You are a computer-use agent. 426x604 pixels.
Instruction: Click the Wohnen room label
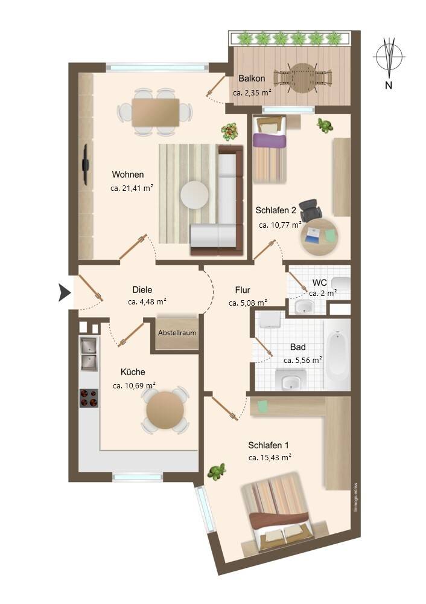[128, 175]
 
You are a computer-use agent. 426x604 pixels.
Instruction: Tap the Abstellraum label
[177, 332]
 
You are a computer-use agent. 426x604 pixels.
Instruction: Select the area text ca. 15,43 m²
[270, 458]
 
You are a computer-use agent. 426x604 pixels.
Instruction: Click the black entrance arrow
[65, 292]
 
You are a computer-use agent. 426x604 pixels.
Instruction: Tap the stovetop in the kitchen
[89, 398]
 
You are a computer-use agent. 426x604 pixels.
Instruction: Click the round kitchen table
[165, 410]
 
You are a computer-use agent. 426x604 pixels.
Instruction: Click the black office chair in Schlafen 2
[311, 211]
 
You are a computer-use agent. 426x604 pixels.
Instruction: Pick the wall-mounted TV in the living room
[86, 164]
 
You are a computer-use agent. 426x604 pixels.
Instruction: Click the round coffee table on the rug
[195, 194]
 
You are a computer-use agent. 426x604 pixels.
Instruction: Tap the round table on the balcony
[302, 78]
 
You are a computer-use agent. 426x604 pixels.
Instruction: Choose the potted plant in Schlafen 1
[217, 472]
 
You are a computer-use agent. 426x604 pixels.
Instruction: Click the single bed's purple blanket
[270, 140]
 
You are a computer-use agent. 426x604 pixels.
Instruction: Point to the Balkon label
[252, 79]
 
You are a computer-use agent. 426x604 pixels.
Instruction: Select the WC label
[319, 283]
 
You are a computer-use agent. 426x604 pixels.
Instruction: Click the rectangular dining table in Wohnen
[155, 112]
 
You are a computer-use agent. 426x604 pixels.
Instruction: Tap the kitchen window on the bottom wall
[138, 477]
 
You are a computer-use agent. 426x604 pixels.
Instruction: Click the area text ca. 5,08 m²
[248, 303]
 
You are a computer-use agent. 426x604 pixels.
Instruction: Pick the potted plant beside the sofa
[230, 132]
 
